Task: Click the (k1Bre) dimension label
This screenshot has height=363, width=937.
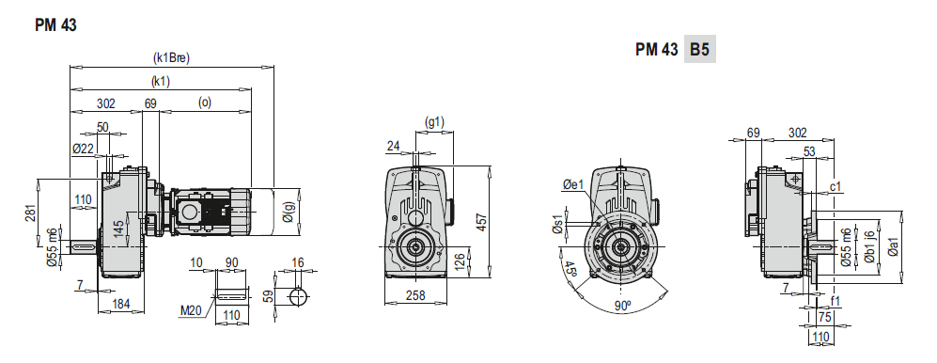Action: point(171,58)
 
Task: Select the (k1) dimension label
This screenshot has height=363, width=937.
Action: point(161,82)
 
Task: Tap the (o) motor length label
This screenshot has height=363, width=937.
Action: point(204,103)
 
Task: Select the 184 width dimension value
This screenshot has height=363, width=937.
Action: point(121,305)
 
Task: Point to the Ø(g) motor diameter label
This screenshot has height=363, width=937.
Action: point(289,213)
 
